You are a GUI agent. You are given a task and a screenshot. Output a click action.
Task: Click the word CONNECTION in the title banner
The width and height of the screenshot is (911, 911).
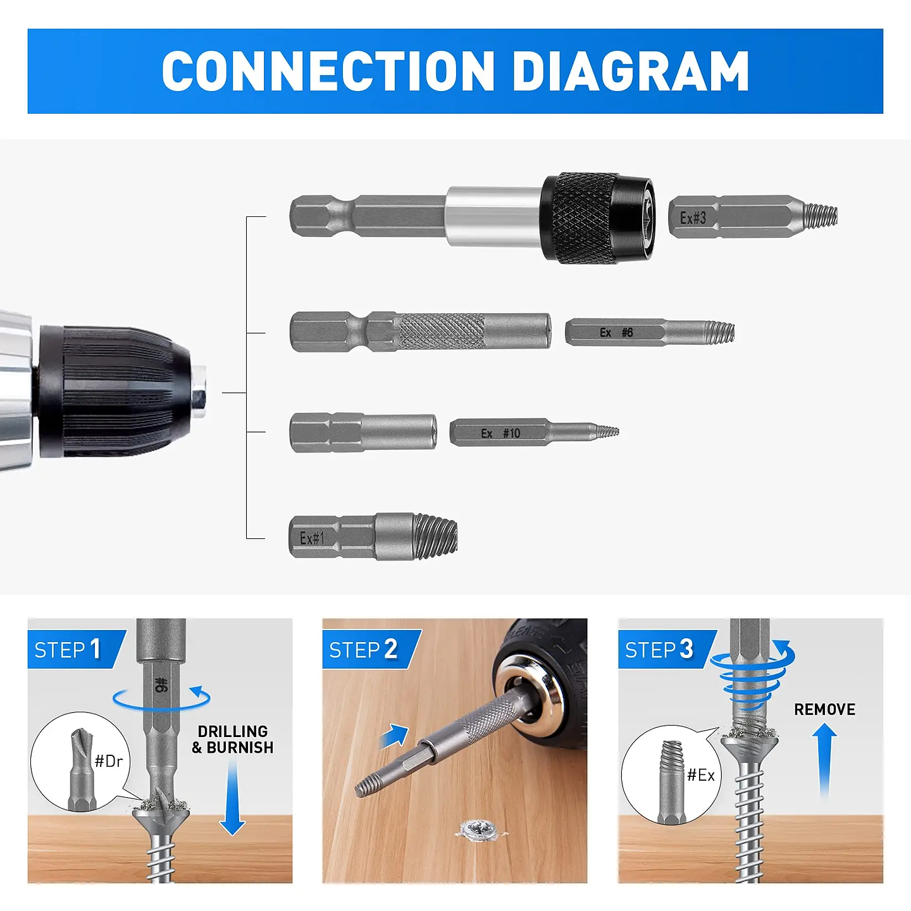[x=328, y=71]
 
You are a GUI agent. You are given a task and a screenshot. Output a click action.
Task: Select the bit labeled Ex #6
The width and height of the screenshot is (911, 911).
[x=648, y=333]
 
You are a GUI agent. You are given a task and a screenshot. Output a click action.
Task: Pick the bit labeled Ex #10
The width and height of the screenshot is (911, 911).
[x=531, y=433]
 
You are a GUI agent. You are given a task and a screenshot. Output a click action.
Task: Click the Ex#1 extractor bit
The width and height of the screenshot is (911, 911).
[x=373, y=537]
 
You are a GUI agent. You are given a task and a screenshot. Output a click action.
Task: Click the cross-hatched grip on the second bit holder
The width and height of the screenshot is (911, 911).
[x=442, y=331]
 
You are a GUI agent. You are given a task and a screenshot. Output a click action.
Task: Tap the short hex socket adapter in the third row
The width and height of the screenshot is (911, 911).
[x=363, y=432]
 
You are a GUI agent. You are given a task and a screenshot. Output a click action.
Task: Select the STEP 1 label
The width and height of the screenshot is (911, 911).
[x=68, y=649]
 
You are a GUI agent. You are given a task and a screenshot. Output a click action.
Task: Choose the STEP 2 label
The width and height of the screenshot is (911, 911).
[x=364, y=649]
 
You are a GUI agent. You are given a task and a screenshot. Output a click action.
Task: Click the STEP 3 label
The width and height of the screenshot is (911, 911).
[x=659, y=649]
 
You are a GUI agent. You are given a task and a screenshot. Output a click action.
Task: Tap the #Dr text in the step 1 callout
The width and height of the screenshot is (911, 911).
[x=109, y=761]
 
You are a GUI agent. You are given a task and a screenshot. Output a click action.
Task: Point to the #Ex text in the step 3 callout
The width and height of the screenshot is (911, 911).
[x=701, y=775]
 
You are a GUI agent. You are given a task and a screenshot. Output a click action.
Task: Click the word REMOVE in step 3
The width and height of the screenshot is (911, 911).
[x=824, y=709]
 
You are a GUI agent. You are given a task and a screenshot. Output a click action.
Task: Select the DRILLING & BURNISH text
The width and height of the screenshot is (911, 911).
[x=233, y=740]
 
